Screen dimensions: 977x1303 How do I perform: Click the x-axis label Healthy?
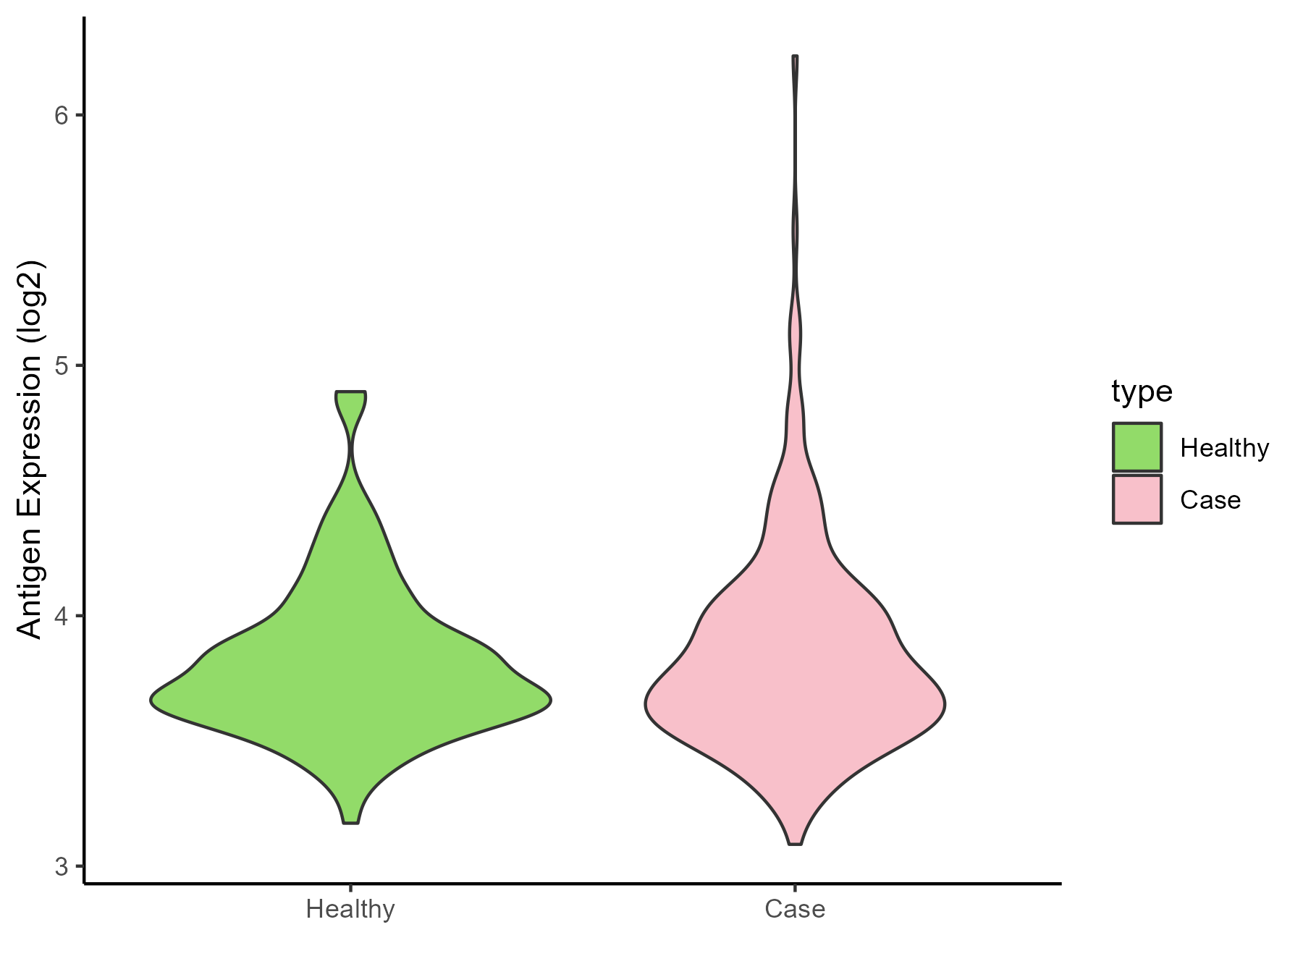[350, 909]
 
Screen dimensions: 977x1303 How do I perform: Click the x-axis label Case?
[795, 909]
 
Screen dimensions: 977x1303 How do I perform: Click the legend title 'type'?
[1142, 392]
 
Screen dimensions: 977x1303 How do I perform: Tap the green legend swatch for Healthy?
[1137, 447]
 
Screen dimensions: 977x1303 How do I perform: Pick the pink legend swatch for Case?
[1137, 499]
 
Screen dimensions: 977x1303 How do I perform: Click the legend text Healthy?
[1224, 449]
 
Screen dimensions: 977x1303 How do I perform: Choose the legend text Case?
[1210, 500]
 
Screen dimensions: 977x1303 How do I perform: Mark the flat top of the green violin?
[351, 392]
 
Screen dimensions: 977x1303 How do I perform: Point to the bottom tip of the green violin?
[351, 823]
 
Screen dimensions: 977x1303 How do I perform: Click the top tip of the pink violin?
[795, 56]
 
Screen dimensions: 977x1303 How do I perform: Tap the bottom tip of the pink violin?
[795, 844]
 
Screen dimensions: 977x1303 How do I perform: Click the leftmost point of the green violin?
[151, 700]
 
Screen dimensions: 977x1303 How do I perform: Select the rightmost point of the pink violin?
[945, 703]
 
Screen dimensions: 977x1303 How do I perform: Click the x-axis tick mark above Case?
[795, 888]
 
